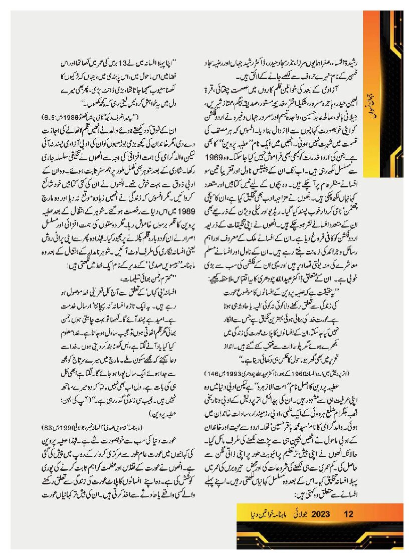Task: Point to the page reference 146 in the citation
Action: click(x=211, y=373)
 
